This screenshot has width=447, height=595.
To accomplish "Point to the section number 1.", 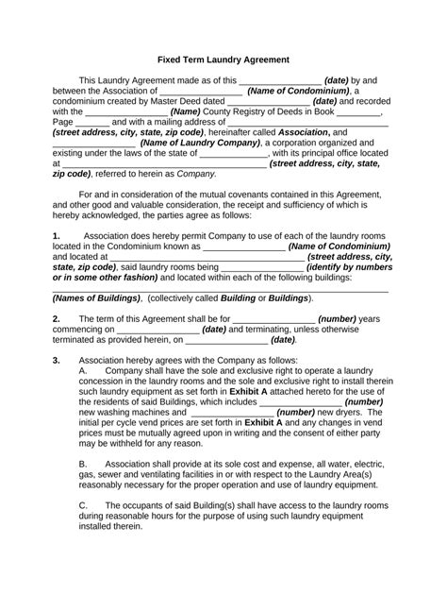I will point(57,235).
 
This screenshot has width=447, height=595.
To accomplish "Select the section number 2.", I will point(57,319).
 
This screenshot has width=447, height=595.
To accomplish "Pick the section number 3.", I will point(57,361).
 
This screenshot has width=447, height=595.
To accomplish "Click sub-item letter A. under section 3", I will point(83,371).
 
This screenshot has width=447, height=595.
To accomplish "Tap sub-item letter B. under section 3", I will point(83,465).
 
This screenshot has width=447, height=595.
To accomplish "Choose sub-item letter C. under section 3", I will point(83,506).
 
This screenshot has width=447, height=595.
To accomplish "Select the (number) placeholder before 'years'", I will point(345,319).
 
